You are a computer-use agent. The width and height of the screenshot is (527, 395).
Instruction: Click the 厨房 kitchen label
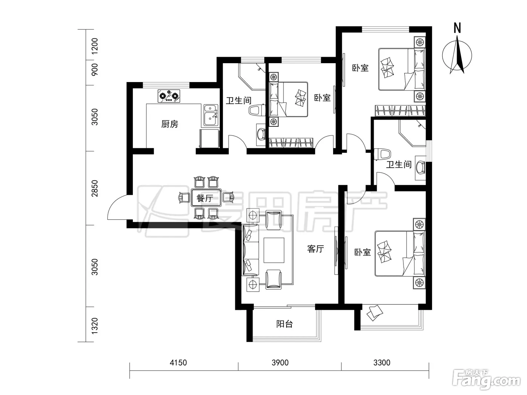[169, 124]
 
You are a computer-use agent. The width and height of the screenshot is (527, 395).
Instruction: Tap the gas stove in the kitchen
[169, 96]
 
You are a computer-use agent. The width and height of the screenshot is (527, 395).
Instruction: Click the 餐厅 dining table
[206, 198]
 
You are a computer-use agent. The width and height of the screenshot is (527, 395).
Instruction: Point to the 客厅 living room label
[315, 249]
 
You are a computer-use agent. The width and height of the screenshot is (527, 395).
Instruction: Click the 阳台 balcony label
[285, 324]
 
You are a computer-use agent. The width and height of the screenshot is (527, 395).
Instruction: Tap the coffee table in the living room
[274, 250]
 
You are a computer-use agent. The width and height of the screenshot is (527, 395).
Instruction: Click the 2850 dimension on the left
[95, 188]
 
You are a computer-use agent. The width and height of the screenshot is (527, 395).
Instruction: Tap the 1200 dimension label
[95, 46]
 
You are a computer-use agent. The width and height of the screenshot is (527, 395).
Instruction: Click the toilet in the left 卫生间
[257, 111]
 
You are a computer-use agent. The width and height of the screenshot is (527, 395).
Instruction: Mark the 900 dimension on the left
[95, 70]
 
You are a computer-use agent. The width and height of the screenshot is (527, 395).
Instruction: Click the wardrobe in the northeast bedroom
[400, 111]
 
